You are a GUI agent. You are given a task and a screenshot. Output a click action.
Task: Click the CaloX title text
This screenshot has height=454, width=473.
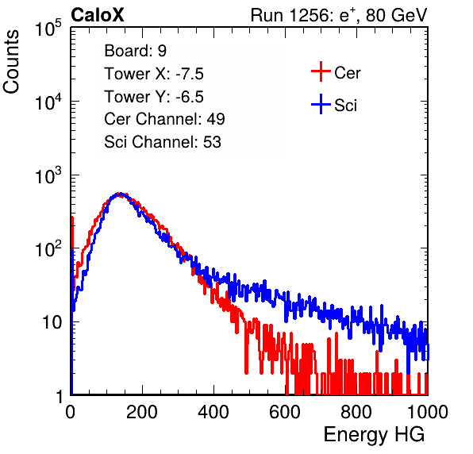tap(98, 15)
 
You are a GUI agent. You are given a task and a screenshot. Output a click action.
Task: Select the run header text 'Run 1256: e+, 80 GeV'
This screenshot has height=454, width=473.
tap(339, 15)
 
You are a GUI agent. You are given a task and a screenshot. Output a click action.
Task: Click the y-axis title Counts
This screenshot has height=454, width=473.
tap(11, 62)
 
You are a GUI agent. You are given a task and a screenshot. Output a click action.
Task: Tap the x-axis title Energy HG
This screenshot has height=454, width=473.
tap(374, 435)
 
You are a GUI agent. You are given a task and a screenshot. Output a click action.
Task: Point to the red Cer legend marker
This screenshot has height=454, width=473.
tap(321, 71)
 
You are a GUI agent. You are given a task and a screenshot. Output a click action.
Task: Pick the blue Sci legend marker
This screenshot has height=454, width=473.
tap(321, 104)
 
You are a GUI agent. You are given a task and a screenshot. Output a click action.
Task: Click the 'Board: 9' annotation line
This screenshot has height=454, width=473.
tap(135, 50)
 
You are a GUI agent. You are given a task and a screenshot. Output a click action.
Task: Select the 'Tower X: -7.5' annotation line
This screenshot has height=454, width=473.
tap(154, 74)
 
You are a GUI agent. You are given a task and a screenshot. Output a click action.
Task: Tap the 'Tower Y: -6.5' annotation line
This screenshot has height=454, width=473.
tap(154, 97)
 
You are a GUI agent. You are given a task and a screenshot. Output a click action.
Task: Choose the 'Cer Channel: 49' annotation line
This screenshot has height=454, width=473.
tap(164, 119)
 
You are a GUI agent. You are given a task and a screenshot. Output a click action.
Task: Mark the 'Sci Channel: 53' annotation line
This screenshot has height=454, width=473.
tap(163, 142)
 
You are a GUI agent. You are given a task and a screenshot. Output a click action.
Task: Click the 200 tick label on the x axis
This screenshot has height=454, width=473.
tap(142, 412)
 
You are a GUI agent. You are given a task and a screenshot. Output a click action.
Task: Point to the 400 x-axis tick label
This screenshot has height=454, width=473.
tap(213, 412)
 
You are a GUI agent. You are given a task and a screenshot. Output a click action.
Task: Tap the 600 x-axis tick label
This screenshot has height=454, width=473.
tap(285, 412)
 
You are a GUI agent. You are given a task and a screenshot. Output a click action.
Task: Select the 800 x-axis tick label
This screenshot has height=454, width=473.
tap(356, 412)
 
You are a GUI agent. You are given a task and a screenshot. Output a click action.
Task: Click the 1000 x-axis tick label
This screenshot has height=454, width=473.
tap(428, 412)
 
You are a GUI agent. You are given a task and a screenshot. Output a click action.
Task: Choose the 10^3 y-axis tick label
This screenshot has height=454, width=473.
tap(48, 175)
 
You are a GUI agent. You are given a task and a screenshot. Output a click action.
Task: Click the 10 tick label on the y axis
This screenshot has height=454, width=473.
tap(52, 322)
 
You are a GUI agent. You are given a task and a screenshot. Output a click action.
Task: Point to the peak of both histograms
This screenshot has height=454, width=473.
tap(120, 194)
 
